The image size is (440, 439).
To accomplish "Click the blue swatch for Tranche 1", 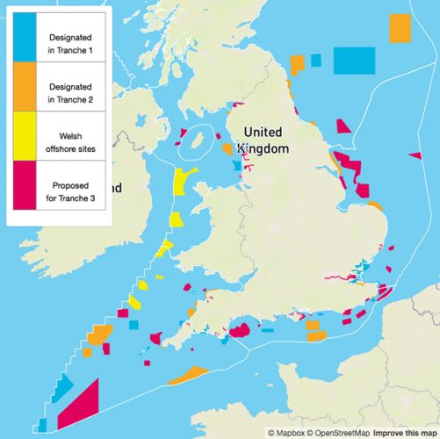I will (x=25, y=40).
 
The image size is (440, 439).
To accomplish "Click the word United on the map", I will (x=263, y=133).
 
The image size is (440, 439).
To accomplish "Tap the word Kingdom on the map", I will (x=263, y=150).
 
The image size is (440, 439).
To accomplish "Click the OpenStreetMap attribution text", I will (x=337, y=433).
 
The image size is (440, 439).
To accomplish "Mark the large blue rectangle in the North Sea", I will (x=357, y=60).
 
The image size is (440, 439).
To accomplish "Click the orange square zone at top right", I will (x=400, y=27).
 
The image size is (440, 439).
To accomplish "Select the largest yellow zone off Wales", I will (x=182, y=182).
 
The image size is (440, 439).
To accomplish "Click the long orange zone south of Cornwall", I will (x=187, y=375).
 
